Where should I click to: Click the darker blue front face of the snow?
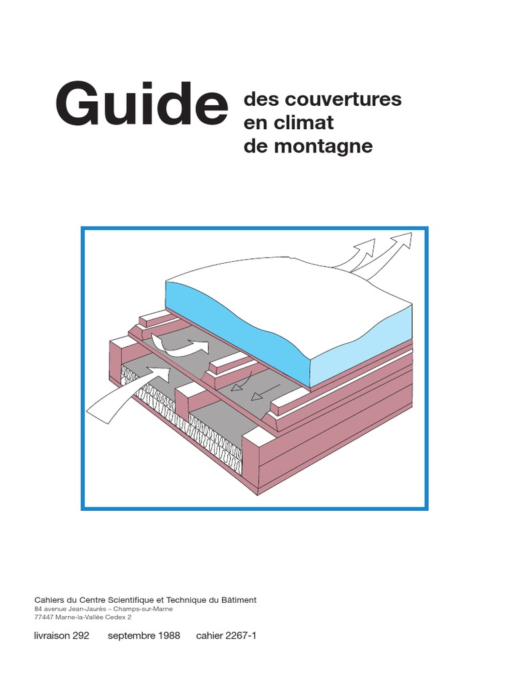tap(233, 320)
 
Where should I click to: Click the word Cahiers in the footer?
tap(50, 600)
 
